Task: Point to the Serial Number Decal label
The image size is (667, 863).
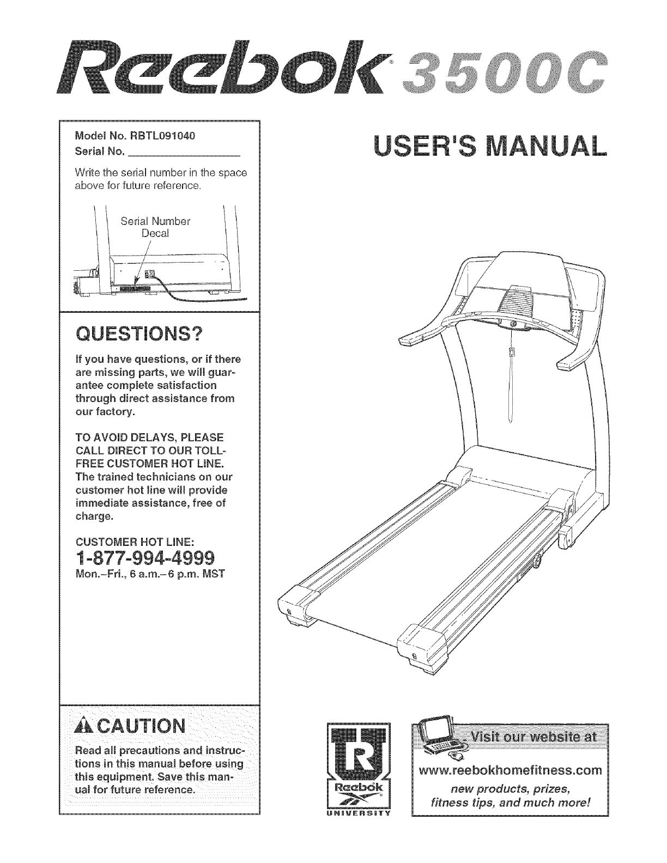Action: pyautogui.click(x=155, y=227)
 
